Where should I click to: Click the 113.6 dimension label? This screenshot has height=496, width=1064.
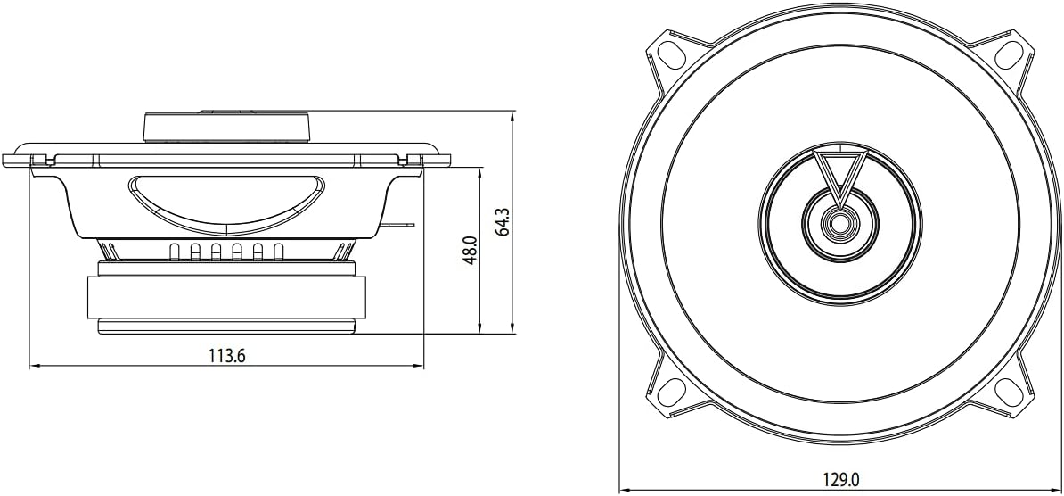point(226,355)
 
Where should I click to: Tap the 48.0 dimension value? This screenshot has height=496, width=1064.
point(471,250)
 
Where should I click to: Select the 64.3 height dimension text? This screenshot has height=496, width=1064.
point(503,221)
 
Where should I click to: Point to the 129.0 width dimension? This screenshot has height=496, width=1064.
point(840,480)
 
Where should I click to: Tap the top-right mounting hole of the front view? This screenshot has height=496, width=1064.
point(1009,54)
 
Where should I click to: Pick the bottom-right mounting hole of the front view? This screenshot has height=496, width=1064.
point(1009,392)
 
